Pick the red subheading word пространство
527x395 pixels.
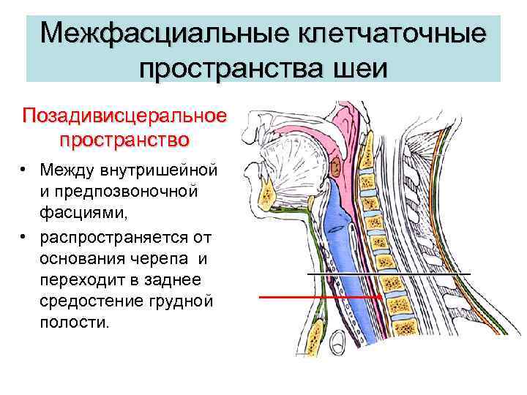click(x=124, y=138)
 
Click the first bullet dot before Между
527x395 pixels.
click(x=24, y=170)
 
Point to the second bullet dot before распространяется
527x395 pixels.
click(x=24, y=238)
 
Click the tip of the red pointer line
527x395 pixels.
click(x=380, y=298)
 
